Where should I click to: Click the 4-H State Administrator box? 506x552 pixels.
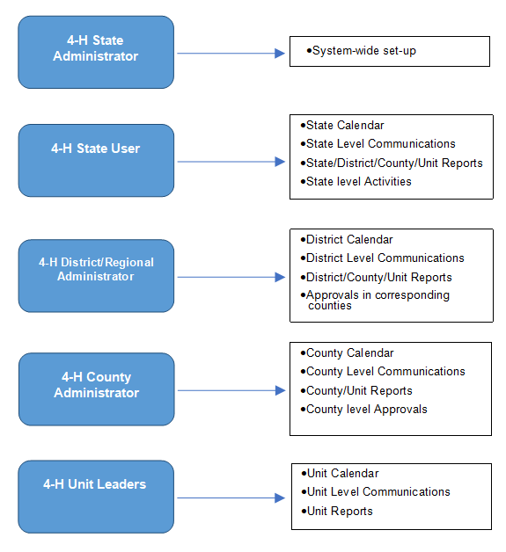(x=96, y=52)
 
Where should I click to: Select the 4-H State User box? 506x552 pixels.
(x=96, y=161)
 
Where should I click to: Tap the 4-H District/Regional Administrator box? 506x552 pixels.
(x=96, y=276)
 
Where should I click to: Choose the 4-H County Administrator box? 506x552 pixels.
(x=96, y=389)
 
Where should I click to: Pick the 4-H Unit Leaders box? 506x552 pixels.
(x=96, y=497)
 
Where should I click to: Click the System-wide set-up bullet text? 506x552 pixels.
(x=361, y=51)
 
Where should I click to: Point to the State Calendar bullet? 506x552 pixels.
(x=342, y=126)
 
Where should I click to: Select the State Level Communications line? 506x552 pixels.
(x=378, y=143)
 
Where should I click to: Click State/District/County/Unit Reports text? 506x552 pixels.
(x=392, y=163)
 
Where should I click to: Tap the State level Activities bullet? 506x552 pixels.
(x=356, y=181)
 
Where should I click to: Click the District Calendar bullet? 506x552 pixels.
(x=347, y=239)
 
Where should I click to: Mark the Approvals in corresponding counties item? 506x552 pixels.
(x=375, y=300)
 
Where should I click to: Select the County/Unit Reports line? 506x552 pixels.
(x=356, y=391)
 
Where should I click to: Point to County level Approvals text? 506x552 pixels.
(x=363, y=410)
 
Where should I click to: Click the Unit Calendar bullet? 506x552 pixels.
(x=340, y=474)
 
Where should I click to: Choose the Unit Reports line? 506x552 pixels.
(x=337, y=512)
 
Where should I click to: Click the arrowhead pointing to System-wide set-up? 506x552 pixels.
(x=280, y=53)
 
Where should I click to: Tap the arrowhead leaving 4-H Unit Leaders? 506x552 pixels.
(x=280, y=498)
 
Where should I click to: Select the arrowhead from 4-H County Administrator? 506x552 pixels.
(x=280, y=390)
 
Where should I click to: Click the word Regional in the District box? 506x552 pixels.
(x=129, y=262)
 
